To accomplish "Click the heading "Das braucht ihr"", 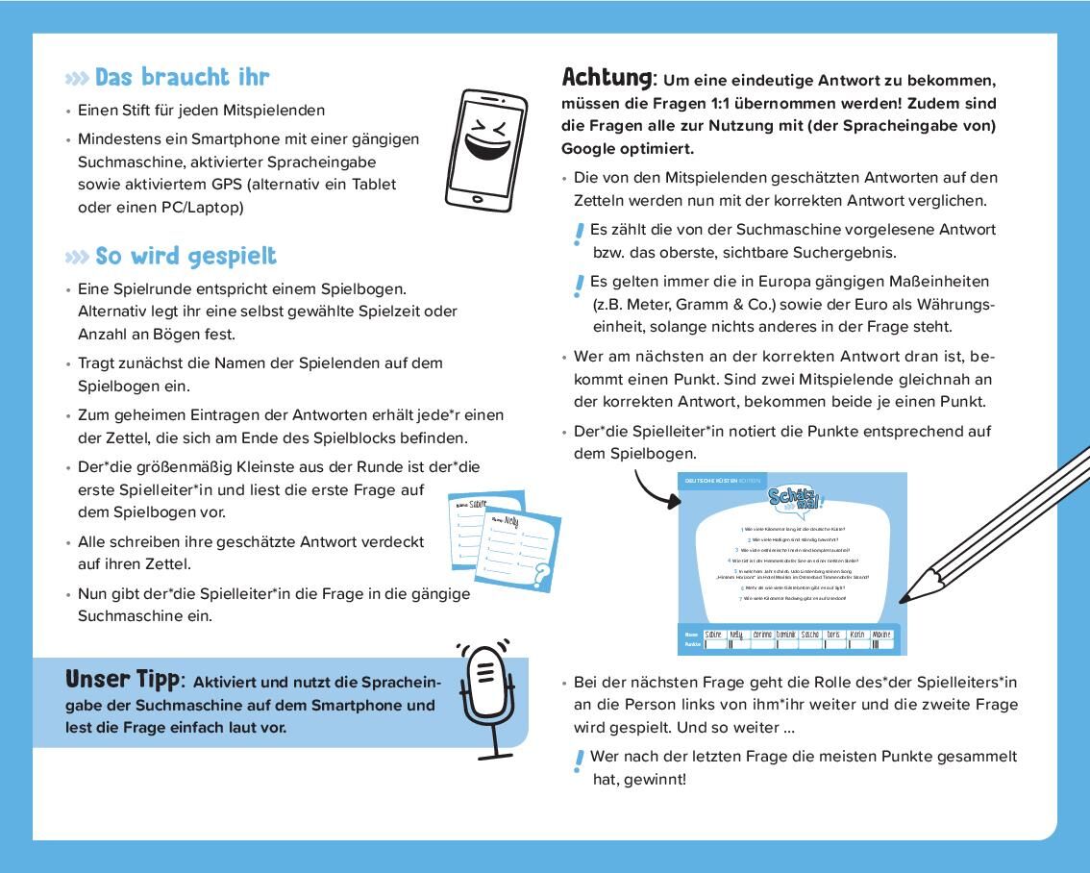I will [182, 77].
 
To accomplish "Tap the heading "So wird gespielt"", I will [186, 256].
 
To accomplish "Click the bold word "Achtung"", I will [607, 77].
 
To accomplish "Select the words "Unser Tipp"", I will [122, 679].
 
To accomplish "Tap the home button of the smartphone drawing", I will [478, 199].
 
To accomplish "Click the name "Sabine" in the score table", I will [713, 635].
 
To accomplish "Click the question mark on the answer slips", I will [542, 576].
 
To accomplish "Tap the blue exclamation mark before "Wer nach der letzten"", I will [579, 761].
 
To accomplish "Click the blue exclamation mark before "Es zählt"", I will [579, 234].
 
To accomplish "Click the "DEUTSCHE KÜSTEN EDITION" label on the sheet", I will [721, 480].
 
